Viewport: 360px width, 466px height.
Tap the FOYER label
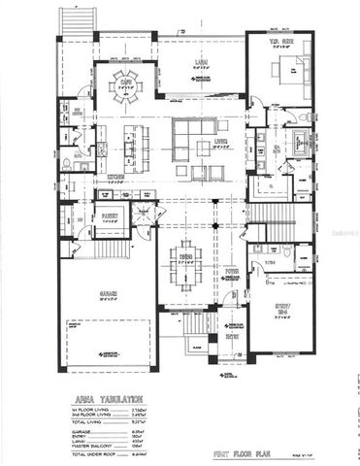click(231, 275)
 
